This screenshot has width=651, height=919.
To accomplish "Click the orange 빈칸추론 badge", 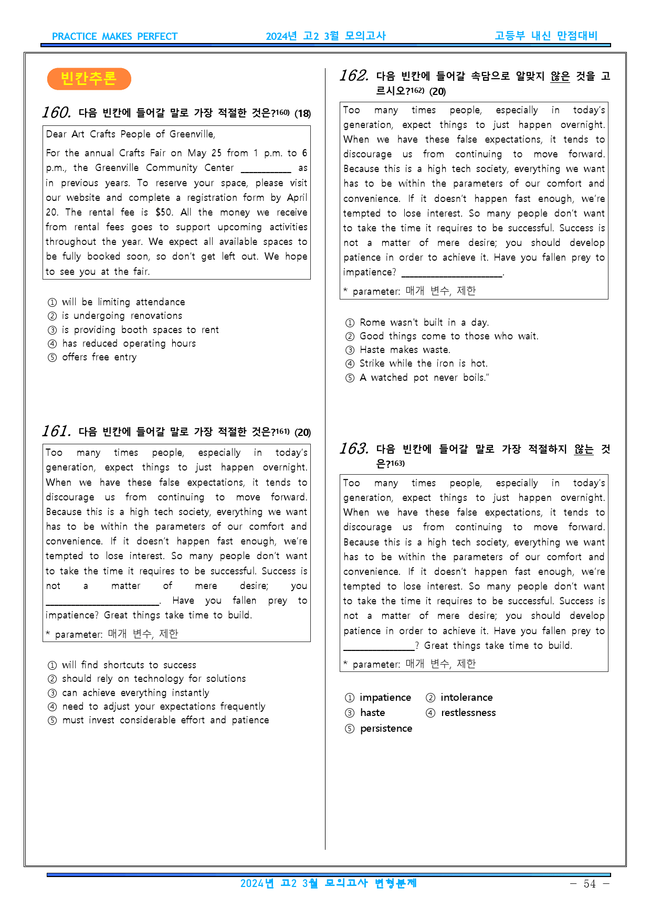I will (89, 79).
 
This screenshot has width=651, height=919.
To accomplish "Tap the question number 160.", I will (57, 112).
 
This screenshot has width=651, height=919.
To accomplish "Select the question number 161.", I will (57, 431).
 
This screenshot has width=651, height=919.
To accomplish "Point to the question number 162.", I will (354, 76).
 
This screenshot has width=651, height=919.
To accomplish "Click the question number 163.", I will (354, 448).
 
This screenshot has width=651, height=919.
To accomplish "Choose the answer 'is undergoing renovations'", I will (122, 316).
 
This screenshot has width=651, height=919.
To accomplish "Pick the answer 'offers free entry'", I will (99, 357).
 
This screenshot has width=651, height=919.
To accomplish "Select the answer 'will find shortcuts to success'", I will (129, 665).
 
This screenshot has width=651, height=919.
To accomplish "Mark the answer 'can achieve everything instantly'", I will (135, 693).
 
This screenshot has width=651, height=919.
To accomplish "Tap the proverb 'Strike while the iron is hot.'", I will (423, 364).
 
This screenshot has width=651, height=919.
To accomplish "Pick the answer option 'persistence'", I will (386, 729).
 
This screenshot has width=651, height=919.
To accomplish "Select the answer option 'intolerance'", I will (466, 698).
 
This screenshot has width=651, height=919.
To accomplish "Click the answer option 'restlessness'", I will (468, 713).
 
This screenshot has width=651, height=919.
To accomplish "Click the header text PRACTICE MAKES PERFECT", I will (115, 37).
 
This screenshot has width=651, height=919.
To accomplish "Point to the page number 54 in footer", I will (590, 884).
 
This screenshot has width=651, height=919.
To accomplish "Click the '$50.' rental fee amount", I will (164, 212).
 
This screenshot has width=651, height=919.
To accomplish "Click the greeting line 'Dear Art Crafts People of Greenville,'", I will (130, 134).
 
